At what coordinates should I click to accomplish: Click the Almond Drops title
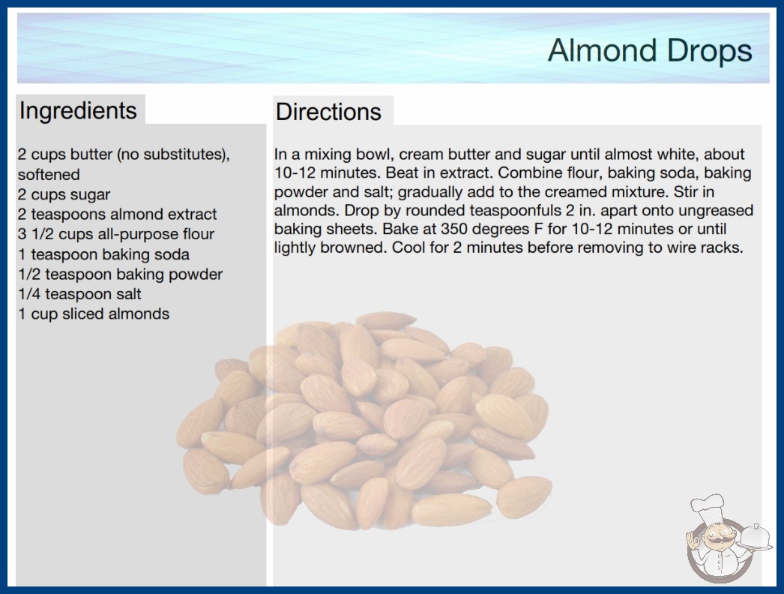(x=650, y=50)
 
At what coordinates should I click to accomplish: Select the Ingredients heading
(x=78, y=111)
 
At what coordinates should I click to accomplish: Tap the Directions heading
(x=328, y=112)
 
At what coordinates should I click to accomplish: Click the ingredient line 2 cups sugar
(x=64, y=194)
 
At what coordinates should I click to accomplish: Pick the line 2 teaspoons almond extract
(x=117, y=214)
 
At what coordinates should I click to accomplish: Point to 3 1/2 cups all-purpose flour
(x=116, y=234)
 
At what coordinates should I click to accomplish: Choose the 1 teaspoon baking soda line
(x=103, y=254)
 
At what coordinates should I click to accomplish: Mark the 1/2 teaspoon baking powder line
(x=120, y=274)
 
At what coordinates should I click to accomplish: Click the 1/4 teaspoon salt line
(x=79, y=294)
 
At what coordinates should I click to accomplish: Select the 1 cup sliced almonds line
(x=94, y=313)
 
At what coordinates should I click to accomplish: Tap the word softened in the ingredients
(x=49, y=174)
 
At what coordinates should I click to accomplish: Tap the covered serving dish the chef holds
(x=756, y=538)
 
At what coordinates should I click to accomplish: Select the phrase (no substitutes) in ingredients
(x=173, y=154)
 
